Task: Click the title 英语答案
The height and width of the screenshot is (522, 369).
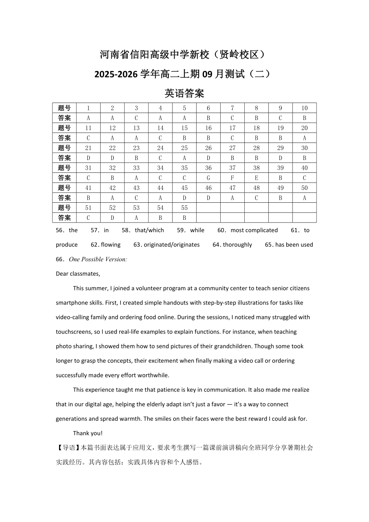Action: [184, 94]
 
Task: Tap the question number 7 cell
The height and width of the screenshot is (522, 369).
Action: [232, 108]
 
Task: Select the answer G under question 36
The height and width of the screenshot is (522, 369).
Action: [208, 178]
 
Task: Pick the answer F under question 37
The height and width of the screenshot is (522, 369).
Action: [232, 178]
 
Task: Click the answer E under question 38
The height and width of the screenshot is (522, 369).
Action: [256, 178]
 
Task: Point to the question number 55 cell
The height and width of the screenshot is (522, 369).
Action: [184, 208]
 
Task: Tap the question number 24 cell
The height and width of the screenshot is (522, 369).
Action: [160, 148]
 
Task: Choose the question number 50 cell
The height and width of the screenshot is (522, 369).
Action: [304, 188]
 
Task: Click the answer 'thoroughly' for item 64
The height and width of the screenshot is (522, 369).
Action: [237, 245]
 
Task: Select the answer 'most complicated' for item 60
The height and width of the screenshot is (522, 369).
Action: [254, 230]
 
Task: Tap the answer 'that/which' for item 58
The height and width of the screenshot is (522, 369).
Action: [149, 230]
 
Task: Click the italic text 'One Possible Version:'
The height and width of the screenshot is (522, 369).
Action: [98, 259]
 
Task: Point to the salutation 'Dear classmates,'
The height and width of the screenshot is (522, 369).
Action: [78, 274]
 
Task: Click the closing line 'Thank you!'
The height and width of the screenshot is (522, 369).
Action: [88, 433]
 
